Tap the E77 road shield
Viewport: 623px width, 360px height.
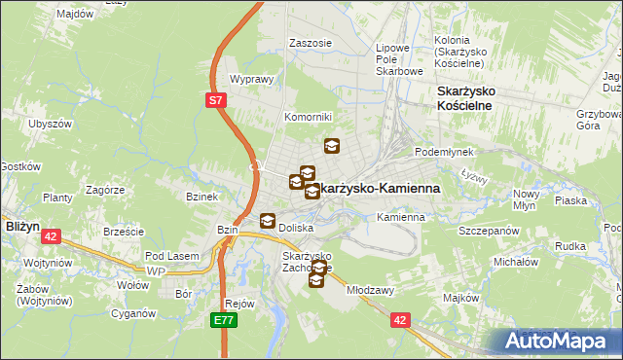point(225,318)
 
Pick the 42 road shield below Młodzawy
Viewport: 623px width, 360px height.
point(400,318)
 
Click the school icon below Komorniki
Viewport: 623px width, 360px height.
point(332,146)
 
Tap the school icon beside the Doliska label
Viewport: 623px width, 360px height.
point(267,220)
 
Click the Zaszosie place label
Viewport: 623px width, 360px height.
point(311,43)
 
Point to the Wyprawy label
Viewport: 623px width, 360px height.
point(249,80)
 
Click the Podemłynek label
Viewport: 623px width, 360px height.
point(443,152)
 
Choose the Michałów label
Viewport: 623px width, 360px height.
point(516,263)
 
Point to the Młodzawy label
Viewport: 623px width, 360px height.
point(370,290)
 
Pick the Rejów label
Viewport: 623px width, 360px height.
point(238,303)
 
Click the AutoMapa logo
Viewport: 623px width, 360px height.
point(559,341)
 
